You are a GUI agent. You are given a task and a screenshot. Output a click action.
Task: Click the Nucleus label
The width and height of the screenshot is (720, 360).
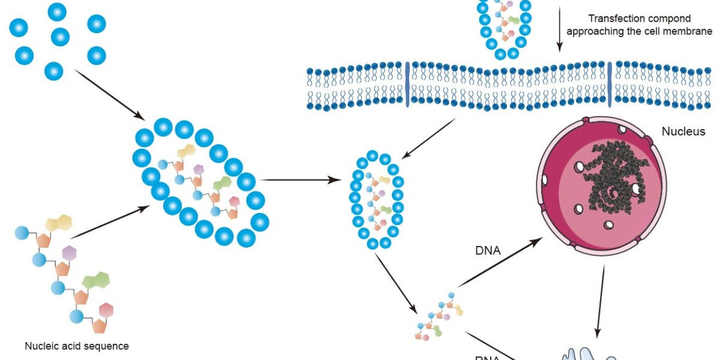[683, 131]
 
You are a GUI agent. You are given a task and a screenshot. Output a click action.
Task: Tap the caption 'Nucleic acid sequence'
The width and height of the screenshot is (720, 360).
[77, 346]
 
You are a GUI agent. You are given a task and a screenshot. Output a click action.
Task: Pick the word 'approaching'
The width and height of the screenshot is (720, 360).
[593, 31]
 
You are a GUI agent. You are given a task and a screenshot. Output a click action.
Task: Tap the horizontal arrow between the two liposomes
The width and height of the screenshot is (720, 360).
[299, 179]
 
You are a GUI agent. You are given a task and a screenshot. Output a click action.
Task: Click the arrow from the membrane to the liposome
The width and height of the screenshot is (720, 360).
[428, 139]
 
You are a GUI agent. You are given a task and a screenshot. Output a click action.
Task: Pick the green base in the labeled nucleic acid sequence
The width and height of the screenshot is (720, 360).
[95, 280]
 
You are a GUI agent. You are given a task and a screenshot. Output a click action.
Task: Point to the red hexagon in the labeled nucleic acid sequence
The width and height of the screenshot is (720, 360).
[106, 310]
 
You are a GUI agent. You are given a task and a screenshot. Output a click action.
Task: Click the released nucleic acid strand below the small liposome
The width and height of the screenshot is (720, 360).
[439, 316]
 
